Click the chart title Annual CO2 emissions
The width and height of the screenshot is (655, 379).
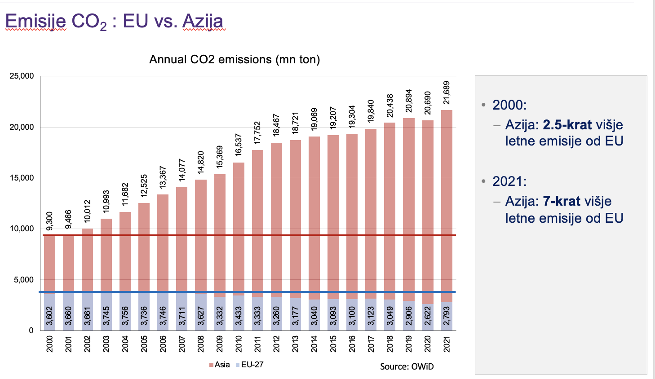(235, 60)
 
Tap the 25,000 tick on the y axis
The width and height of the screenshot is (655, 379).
(22, 76)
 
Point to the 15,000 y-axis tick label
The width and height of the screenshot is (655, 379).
(22, 178)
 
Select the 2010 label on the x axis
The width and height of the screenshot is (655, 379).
(239, 344)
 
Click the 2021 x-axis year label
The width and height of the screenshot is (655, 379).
(447, 344)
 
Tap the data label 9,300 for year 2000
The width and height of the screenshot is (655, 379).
(50, 220)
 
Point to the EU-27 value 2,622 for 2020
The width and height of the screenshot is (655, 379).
(428, 316)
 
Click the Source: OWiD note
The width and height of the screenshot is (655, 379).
(407, 366)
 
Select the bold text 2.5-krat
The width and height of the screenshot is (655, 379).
(567, 124)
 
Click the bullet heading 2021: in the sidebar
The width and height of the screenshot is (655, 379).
(509, 181)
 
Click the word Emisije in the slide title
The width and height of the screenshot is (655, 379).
(35, 21)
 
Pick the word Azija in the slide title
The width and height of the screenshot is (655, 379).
(203, 21)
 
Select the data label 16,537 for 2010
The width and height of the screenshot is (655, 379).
(239, 145)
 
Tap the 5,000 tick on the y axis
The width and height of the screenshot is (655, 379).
(23, 280)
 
